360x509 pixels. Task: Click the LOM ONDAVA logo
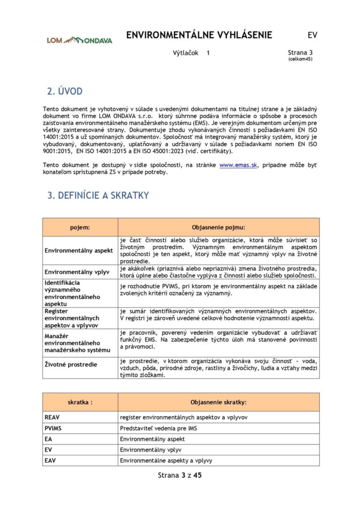pyautogui.click(x=79, y=40)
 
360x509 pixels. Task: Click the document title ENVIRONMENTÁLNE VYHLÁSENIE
pyautogui.click(x=199, y=35)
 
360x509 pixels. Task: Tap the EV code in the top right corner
pyautogui.click(x=312, y=35)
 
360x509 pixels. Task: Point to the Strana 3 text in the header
pyautogui.click(x=300, y=53)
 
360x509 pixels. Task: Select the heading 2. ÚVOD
pyautogui.click(x=65, y=91)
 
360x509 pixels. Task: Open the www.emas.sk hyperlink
pyautogui.click(x=238, y=165)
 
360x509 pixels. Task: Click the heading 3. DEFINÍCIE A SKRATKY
pyautogui.click(x=98, y=195)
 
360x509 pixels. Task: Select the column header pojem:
pyautogui.click(x=80, y=227)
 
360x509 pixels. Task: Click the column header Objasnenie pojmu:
pyautogui.click(x=218, y=227)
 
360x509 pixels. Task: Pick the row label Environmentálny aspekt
pyautogui.click(x=79, y=250)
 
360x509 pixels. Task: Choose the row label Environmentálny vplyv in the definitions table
pyautogui.click(x=77, y=272)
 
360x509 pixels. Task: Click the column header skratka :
pyautogui.click(x=80, y=402)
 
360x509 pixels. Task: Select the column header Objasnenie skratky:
pyautogui.click(x=218, y=402)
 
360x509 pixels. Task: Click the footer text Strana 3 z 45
pyautogui.click(x=180, y=475)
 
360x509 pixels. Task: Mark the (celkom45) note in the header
pyautogui.click(x=300, y=59)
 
